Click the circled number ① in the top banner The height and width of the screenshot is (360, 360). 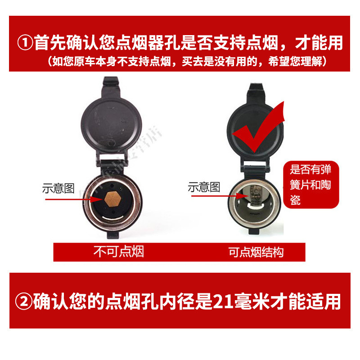[25, 43]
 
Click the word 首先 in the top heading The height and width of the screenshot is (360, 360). [49, 43]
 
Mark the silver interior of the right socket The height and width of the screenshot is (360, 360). [255, 202]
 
